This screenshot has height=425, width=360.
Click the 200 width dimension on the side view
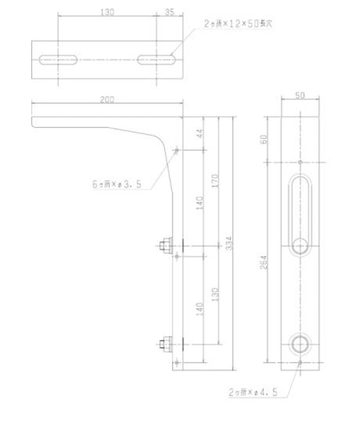pyautogui.click(x=107, y=99)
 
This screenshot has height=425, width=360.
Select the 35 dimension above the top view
pyautogui.click(x=169, y=12)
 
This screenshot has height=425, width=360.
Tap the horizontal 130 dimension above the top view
pyautogui.click(x=107, y=12)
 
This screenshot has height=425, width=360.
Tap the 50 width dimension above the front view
pyautogui.click(x=300, y=96)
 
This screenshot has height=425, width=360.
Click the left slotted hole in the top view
pyautogui.click(x=58, y=60)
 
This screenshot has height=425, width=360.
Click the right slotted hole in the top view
pyautogui.click(x=157, y=60)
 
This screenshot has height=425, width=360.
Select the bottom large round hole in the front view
pyautogui.click(x=300, y=344)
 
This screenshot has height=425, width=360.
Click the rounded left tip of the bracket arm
pyautogui.click(x=34, y=122)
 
